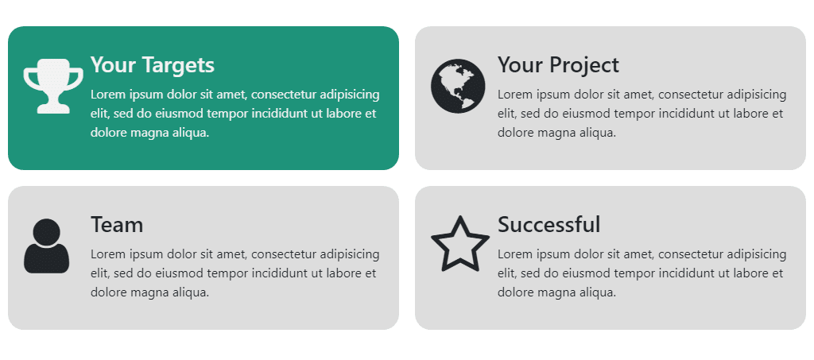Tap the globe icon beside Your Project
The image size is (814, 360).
click(x=457, y=85)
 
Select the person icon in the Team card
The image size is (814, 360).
click(x=47, y=246)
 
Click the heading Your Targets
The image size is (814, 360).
click(x=152, y=64)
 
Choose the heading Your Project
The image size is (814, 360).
click(x=558, y=64)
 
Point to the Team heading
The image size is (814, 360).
click(x=117, y=225)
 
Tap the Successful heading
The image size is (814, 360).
click(x=548, y=225)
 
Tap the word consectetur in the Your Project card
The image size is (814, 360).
click(x=690, y=95)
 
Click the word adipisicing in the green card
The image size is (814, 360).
click(x=350, y=95)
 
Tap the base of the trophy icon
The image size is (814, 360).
click(x=53, y=108)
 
